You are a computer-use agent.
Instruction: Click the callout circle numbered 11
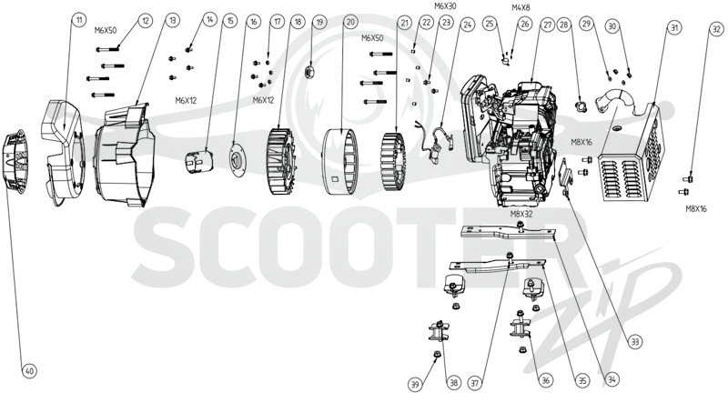coord(79,20)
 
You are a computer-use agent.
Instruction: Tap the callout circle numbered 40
coord(29,371)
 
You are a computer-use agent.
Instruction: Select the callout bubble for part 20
coord(350,21)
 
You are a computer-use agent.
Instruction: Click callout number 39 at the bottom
coord(415,384)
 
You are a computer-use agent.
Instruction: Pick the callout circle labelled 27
coord(548,25)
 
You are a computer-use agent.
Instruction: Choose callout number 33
coord(634,343)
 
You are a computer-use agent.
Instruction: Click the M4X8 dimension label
coord(521,7)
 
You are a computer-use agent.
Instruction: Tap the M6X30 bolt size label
coord(445,6)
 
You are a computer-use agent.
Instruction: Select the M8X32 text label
coord(521,214)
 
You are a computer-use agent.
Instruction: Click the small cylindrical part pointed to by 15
coord(198,161)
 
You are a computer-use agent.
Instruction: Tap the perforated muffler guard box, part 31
coord(634,153)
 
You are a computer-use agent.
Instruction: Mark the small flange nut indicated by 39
coord(437,354)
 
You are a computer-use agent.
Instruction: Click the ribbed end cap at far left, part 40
coord(16,160)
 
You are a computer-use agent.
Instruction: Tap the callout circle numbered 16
coord(253,22)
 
